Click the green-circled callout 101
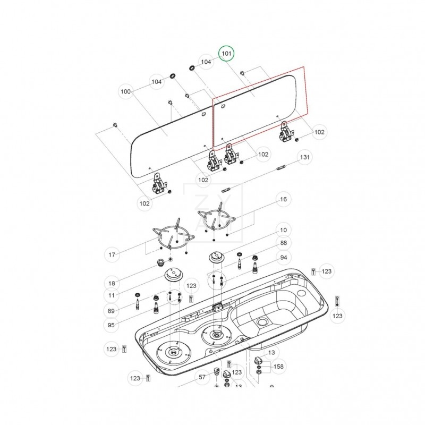[227, 54]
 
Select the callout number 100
[126, 91]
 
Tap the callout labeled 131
[304, 158]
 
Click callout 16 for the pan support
[283, 199]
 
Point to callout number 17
[112, 255]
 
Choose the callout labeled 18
[112, 283]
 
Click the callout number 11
[112, 295]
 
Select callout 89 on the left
[112, 311]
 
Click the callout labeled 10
[283, 230]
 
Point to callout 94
[283, 258]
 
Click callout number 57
[202, 378]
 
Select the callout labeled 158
[278, 367]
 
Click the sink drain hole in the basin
[261, 322]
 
